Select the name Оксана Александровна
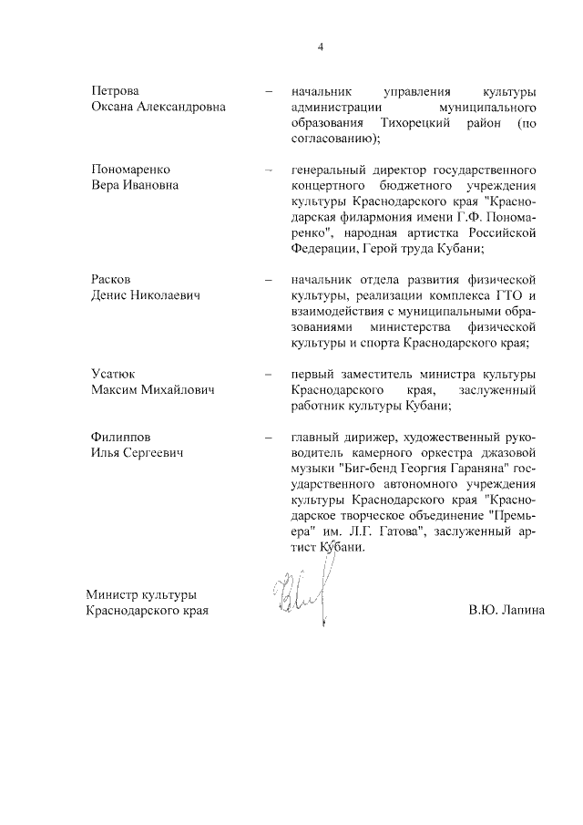pyautogui.click(x=159, y=108)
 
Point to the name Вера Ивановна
pyautogui.click(x=134, y=185)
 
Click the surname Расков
pyautogui.click(x=112, y=278)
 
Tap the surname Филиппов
pyautogui.click(x=122, y=438)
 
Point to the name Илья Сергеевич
pyautogui.click(x=138, y=453)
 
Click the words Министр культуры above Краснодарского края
pyautogui.click(x=140, y=594)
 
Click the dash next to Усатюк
pyautogui.click(x=269, y=375)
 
